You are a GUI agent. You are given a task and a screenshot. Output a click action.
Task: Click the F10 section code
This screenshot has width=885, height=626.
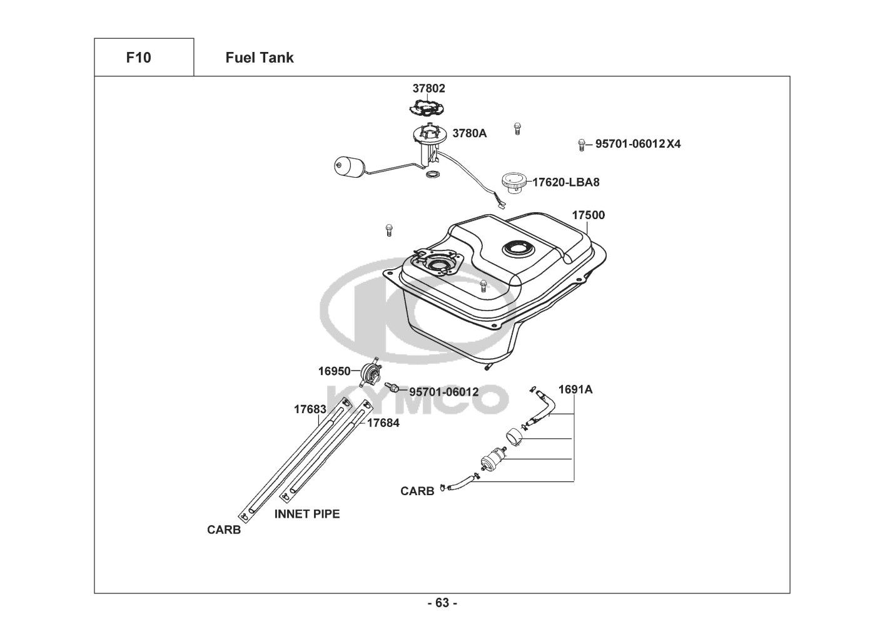(138, 58)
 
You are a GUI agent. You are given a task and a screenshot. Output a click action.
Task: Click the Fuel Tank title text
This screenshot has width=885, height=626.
(259, 58)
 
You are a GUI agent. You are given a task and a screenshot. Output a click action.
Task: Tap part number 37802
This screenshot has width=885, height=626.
(428, 88)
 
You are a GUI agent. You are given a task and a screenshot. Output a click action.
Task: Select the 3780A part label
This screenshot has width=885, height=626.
(469, 133)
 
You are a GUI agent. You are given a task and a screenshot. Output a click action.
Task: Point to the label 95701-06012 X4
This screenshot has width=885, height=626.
(637, 144)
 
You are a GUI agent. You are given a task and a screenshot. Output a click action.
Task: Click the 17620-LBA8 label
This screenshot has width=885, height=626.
(565, 182)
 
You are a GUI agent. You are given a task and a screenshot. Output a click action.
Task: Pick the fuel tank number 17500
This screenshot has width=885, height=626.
(588, 215)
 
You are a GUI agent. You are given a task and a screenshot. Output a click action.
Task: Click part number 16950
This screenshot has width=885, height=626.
(334, 371)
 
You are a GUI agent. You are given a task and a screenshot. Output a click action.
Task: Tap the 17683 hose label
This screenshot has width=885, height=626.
(310, 409)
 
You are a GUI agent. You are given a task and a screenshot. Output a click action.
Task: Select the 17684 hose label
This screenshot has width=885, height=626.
(383, 423)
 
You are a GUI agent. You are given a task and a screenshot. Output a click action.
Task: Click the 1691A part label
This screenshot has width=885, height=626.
(575, 389)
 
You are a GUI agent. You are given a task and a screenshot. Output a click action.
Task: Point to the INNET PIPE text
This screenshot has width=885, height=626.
(306, 514)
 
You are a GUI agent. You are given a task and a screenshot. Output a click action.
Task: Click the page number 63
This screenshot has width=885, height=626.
(442, 603)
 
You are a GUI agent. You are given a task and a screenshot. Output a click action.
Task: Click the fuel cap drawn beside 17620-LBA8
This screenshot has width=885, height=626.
(515, 183)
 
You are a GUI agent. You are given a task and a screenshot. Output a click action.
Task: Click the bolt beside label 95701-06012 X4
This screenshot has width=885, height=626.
(581, 145)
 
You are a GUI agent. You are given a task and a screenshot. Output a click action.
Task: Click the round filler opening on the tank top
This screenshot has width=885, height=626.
(518, 249)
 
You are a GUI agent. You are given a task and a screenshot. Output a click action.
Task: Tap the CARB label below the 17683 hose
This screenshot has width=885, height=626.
(224, 530)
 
